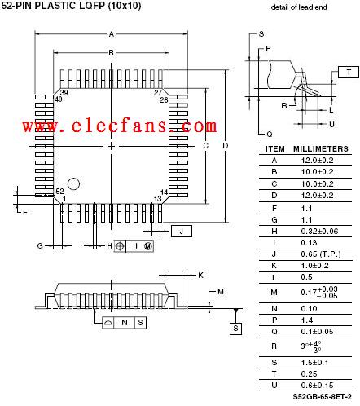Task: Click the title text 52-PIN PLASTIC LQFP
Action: point(54,6)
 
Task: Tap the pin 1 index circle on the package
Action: point(73,184)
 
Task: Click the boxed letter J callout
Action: point(182,232)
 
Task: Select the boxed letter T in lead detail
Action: point(349,72)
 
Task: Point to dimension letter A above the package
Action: point(112,34)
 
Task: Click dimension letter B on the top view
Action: point(111,53)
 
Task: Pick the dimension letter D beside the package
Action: point(226,146)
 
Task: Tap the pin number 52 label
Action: point(59,192)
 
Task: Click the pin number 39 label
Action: point(64,92)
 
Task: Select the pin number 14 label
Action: point(164,192)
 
